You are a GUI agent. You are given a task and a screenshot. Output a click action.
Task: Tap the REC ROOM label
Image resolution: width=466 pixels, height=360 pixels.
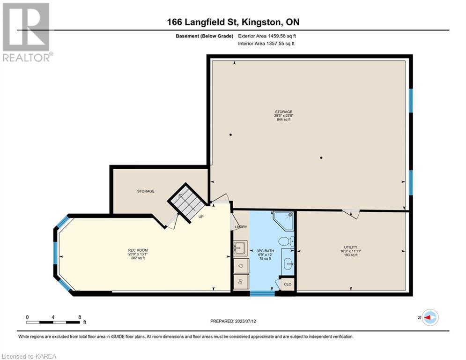[x=138, y=250]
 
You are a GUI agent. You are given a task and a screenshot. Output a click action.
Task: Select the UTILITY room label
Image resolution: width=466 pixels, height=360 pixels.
[x=351, y=247]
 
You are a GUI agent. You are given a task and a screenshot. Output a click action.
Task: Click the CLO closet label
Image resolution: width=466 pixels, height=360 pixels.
[x=288, y=284]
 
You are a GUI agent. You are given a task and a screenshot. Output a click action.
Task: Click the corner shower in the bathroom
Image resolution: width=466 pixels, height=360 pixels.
[x=284, y=221]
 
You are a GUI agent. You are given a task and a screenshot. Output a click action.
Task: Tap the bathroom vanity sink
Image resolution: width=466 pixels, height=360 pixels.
[x=288, y=263]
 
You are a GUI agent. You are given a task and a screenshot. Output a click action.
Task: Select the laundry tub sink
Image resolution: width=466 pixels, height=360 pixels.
[x=240, y=247]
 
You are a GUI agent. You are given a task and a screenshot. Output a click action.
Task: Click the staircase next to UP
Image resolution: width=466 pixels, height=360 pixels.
[x=187, y=202]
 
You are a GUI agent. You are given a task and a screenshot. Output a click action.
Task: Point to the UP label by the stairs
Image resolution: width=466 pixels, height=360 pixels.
[x=201, y=217]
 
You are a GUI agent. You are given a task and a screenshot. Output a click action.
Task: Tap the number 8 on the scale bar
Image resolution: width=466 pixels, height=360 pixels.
[x=80, y=317]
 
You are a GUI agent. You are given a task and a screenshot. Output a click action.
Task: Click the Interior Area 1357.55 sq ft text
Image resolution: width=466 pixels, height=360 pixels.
[x=266, y=44]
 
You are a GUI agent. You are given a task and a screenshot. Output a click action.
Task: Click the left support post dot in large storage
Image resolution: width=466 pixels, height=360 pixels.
[x=230, y=135]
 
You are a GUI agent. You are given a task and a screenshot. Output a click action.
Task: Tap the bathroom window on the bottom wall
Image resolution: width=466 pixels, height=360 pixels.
[x=262, y=293]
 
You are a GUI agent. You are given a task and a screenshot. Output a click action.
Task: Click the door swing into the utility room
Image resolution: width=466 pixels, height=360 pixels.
[x=351, y=214]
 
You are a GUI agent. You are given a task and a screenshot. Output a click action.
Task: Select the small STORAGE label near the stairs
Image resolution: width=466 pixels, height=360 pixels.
[x=146, y=191]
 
